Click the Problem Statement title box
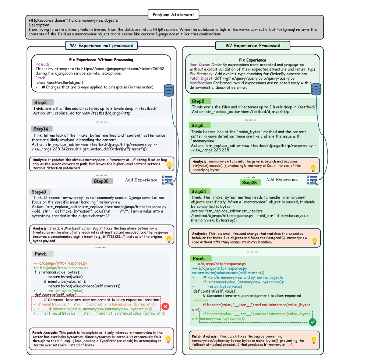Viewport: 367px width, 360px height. point(173,15)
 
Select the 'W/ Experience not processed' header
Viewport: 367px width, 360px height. point(101,45)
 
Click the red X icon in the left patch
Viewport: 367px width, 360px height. point(165,306)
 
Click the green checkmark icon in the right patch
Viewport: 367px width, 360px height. point(313,322)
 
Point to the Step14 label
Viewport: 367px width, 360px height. point(41,129)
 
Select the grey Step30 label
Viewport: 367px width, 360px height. point(102,181)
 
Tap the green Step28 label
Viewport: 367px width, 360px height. point(250,183)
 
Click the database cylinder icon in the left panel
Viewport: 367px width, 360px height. point(169,90)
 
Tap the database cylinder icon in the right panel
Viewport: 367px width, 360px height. point(316,88)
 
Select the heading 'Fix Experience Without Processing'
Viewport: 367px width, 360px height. point(101,60)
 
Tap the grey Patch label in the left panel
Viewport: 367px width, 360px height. point(41,254)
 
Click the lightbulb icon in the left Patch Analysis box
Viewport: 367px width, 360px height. point(168,339)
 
